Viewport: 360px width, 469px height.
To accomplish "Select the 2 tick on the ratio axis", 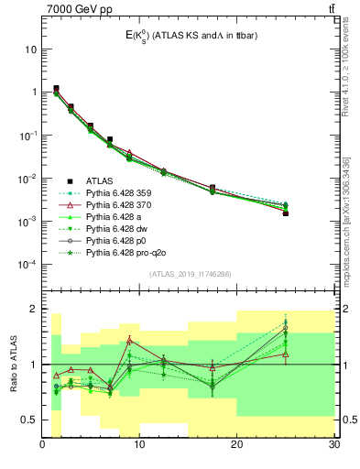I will click(x=34, y=310).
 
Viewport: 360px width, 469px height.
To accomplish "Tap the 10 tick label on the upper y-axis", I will click(x=30, y=49).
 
